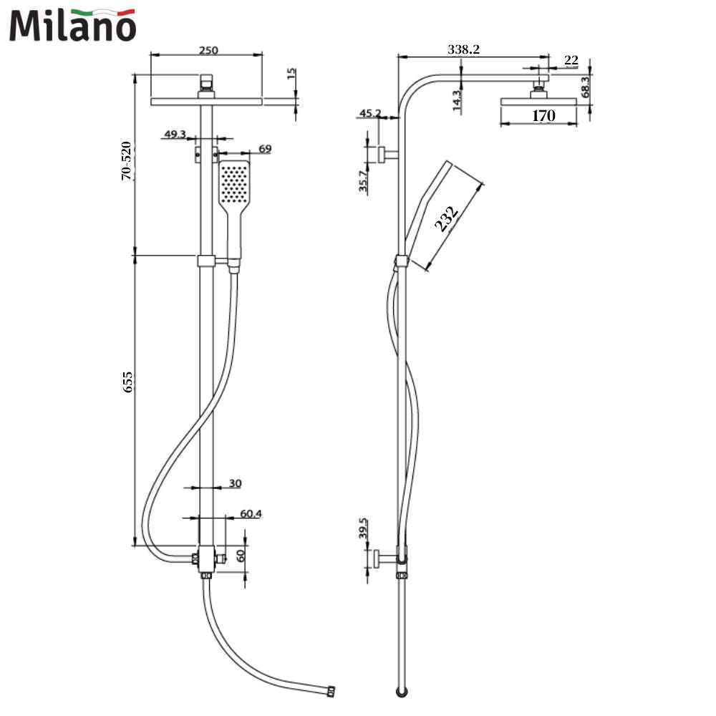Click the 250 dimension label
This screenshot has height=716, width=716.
[x=208, y=50]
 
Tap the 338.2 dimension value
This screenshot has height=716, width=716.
[x=463, y=50]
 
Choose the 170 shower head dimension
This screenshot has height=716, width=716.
[x=543, y=115]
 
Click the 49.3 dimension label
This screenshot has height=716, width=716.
[x=175, y=134]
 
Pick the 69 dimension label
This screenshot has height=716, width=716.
[x=265, y=149]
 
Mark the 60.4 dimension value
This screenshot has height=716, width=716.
[x=251, y=513]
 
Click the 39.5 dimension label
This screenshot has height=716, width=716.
[x=363, y=529]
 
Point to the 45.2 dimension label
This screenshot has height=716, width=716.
[x=370, y=113]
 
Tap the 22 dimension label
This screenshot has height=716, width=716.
[x=571, y=60]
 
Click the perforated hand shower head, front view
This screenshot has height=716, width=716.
[x=233, y=184]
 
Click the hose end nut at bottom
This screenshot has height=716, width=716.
[x=330, y=692]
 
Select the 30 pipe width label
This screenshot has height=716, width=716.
[x=235, y=483]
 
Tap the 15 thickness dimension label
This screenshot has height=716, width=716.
[x=291, y=74]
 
